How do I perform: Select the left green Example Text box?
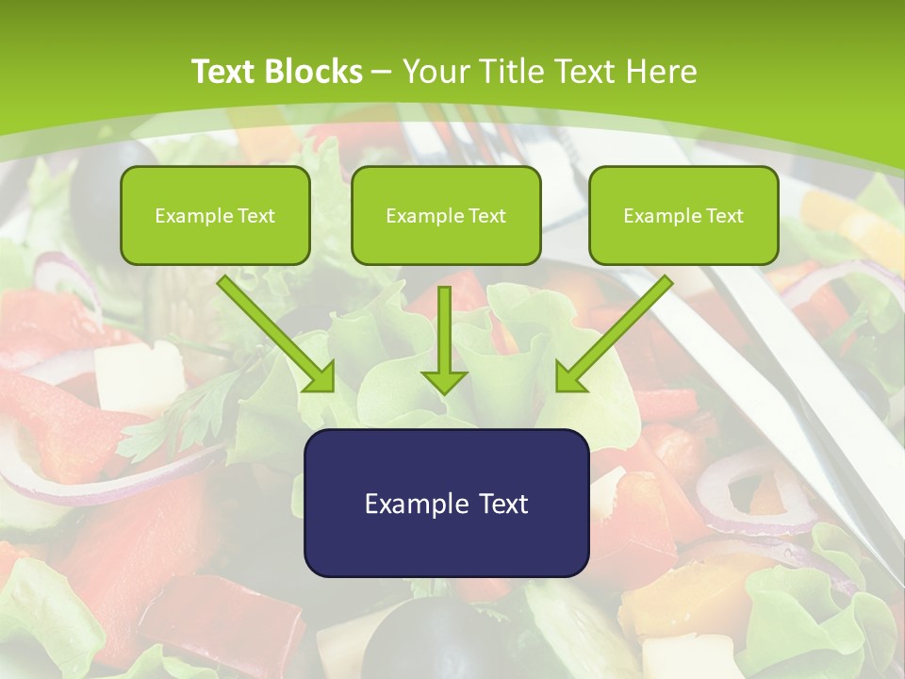click(x=215, y=215)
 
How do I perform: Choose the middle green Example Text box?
click(x=446, y=215)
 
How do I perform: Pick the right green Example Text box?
click(x=683, y=215)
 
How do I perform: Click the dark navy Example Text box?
click(x=446, y=503)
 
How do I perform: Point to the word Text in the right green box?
click(x=725, y=216)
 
